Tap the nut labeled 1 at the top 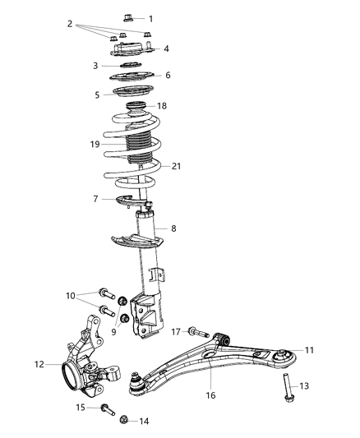pos(132,16)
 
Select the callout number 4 pos(166,49)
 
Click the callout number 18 pos(162,106)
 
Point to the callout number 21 pos(175,167)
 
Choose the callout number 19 pos(95,144)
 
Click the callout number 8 pos(173,228)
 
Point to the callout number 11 pos(310,350)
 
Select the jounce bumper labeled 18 pos(137,108)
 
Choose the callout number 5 pos(96,95)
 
